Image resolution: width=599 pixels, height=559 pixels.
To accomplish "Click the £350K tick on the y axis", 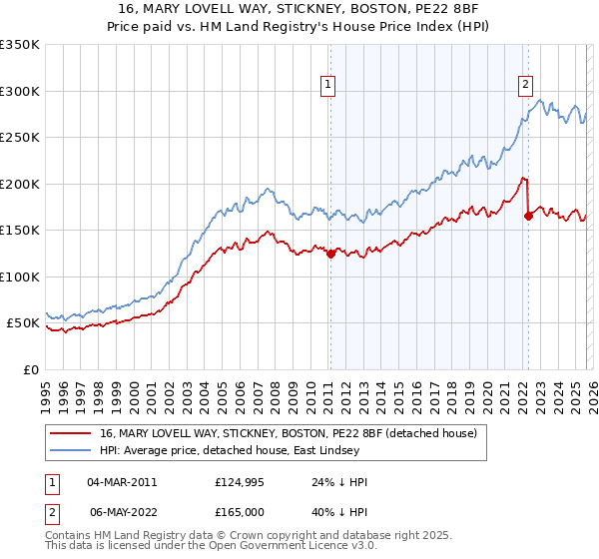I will [x=20, y=45].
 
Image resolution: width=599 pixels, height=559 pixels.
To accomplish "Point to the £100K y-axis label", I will [x=20, y=277].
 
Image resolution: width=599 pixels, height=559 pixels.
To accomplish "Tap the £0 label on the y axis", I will [x=31, y=369].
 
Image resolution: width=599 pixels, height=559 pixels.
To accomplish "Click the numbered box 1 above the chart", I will [x=328, y=86].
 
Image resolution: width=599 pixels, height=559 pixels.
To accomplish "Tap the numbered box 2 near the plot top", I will [x=525, y=86].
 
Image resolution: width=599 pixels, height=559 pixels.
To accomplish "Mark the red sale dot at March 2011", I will [x=329, y=254].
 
